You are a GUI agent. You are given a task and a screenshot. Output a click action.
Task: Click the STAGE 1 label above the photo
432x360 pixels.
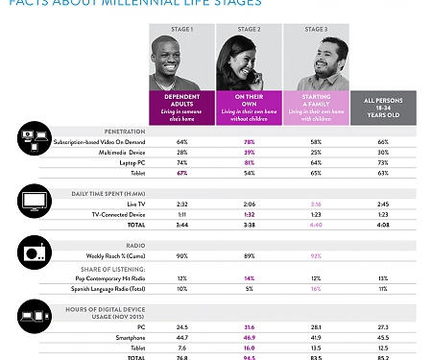coord(182,30)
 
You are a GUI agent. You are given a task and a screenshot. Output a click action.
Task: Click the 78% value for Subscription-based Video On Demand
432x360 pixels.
coord(249,141)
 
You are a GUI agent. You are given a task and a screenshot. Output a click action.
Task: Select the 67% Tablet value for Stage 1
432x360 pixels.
coord(182,174)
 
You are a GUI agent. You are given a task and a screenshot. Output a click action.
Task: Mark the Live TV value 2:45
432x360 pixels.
coord(382,204)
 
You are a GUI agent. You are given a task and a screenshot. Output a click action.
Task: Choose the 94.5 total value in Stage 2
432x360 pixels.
coord(249,356)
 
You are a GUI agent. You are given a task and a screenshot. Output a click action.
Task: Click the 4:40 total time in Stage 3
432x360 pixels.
coord(316,226)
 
